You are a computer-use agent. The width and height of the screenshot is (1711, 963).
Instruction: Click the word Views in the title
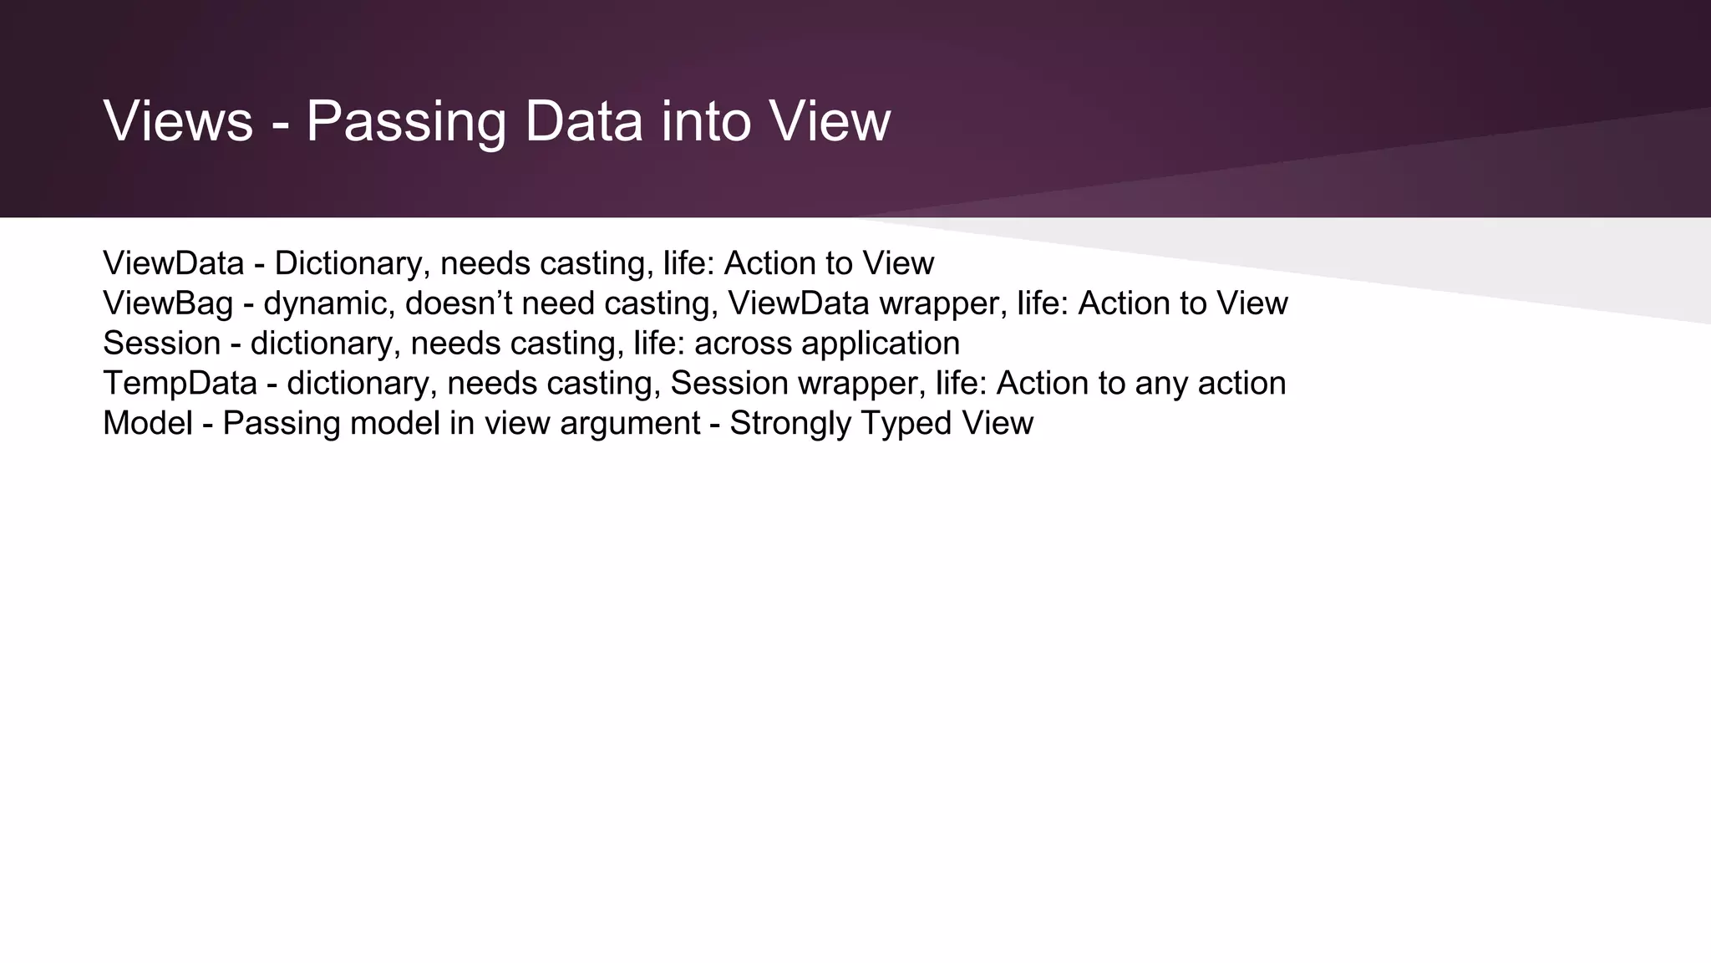tap(178, 121)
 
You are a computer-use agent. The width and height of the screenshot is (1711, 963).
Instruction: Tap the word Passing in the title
tap(406, 121)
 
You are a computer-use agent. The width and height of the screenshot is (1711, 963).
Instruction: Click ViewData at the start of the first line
tap(173, 263)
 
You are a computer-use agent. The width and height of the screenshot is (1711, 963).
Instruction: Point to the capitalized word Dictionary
tap(352, 263)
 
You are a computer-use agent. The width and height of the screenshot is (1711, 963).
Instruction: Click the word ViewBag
tap(168, 303)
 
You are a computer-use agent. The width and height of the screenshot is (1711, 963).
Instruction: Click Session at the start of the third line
tap(161, 344)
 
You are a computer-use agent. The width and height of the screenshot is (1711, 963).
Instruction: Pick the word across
tap(743, 344)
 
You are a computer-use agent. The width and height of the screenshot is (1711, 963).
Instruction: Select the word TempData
tap(180, 384)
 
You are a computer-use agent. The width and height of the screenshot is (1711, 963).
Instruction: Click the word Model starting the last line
tap(148, 424)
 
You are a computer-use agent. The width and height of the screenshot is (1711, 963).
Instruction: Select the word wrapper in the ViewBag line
tap(942, 303)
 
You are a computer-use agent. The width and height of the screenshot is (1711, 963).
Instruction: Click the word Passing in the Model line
tap(282, 424)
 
